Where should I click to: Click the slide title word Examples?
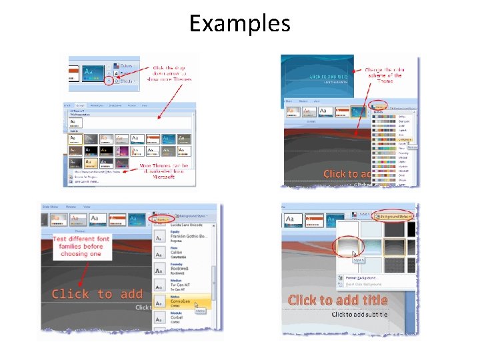coord(240,23)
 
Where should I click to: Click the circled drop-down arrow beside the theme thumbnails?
coord(108,80)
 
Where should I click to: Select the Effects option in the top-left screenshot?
coord(125,81)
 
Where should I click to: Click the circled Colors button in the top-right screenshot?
coord(381,106)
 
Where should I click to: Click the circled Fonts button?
coord(161,218)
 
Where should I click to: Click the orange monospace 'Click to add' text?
coord(97,294)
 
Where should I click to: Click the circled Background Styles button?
coord(393,216)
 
